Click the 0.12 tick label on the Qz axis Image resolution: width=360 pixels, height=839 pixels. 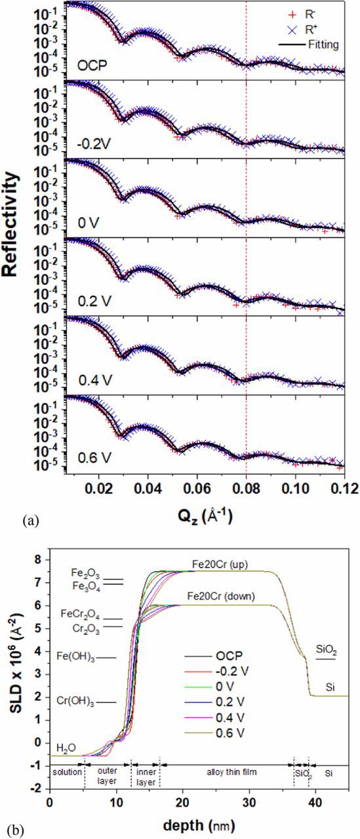point(344,489)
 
